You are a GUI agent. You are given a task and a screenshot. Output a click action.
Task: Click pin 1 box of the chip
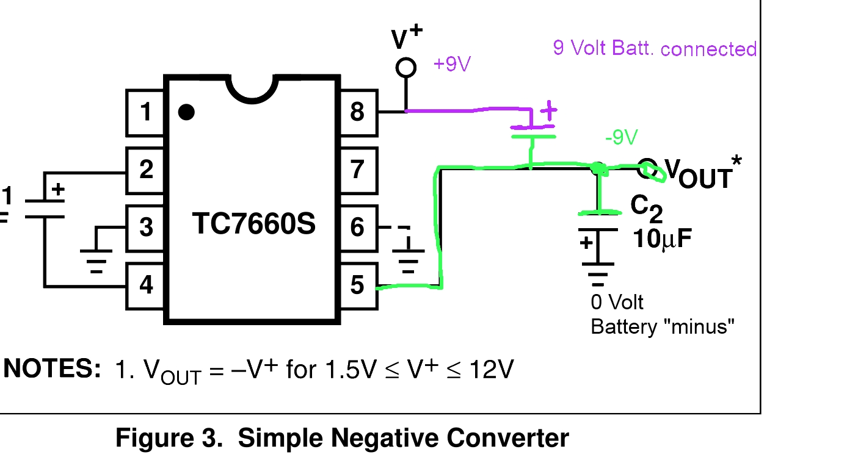(x=145, y=112)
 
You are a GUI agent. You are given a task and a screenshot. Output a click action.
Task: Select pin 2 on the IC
(x=145, y=170)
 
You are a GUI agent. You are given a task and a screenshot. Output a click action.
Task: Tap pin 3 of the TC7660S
(x=145, y=227)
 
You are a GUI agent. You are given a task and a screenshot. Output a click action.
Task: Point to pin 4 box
(x=145, y=284)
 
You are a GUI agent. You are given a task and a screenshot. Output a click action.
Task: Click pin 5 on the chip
(x=357, y=284)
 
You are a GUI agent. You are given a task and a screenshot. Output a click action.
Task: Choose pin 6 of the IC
(x=357, y=227)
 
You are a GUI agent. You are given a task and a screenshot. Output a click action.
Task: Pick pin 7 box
(x=357, y=170)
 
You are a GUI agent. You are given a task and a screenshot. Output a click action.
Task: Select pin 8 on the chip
(x=357, y=112)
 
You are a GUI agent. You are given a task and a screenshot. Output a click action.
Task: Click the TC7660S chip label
(x=254, y=224)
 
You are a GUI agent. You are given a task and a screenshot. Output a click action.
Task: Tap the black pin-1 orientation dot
(x=186, y=112)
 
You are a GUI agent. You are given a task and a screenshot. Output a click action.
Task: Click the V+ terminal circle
(x=406, y=67)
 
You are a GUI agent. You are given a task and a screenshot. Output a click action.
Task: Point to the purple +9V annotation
(x=452, y=64)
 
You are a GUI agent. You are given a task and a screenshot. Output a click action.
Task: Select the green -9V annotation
(x=621, y=138)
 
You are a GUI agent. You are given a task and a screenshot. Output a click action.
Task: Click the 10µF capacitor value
(x=663, y=239)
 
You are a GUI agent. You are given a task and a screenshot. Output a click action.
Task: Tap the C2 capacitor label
(x=646, y=207)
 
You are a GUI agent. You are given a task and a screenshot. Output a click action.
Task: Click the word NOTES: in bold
(x=53, y=369)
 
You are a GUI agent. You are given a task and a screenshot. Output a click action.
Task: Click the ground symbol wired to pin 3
(x=96, y=259)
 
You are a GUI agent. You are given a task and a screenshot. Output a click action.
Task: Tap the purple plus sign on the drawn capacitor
(x=550, y=111)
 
